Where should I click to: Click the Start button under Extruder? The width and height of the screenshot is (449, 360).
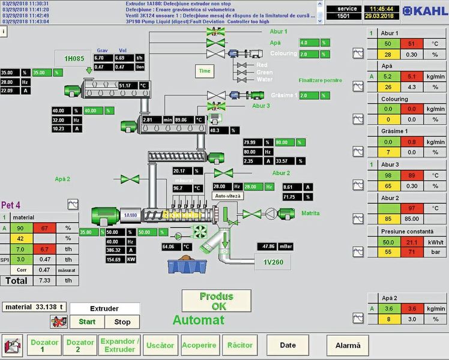coord(87,322)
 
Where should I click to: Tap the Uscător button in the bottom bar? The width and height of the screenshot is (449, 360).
coord(160,346)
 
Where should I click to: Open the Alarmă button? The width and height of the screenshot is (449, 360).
coord(348,346)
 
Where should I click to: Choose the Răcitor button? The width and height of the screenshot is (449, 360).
coord(240,346)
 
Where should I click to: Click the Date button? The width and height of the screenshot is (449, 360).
coord(288,346)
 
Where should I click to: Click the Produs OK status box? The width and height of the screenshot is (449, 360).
coord(216,301)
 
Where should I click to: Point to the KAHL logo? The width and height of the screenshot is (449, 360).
coord(424,11)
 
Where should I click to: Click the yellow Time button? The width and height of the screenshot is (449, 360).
coord(205,71)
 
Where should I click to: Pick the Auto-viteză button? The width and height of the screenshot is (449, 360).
coord(228,196)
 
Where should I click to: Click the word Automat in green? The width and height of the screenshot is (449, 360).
coord(198,320)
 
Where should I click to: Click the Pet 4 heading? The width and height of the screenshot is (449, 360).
coord(11,205)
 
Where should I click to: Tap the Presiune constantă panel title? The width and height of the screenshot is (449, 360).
coord(406,231)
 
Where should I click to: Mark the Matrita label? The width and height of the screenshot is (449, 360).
coord(310,213)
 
